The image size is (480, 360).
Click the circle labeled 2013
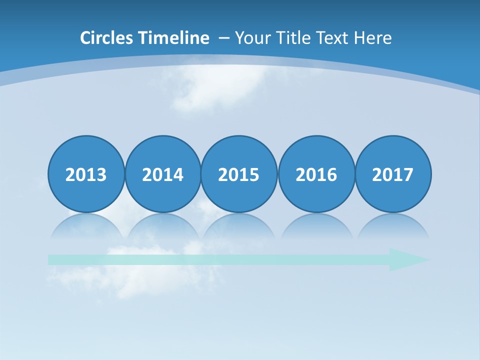pyautogui.click(x=86, y=174)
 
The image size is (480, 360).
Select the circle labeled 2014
pyautogui.click(x=162, y=174)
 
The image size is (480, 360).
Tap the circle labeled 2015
pyautogui.click(x=239, y=174)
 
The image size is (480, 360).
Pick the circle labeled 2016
pyautogui.click(x=316, y=174)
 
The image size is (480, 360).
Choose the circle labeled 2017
pyautogui.click(x=392, y=174)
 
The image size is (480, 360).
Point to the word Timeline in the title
pyautogui.click(x=174, y=38)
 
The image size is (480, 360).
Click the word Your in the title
pyautogui.click(x=250, y=38)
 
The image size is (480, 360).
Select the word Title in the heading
pyautogui.click(x=288, y=38)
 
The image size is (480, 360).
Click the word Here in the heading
pyautogui.click(x=372, y=38)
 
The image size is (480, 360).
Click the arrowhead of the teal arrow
pyautogui.click(x=407, y=259)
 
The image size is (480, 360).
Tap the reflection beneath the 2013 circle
pyautogui.click(x=86, y=226)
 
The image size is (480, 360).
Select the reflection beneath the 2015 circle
pyautogui.click(x=239, y=226)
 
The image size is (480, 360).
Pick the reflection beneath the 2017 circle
pyautogui.click(x=392, y=226)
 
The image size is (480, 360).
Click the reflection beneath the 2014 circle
pyautogui.click(x=162, y=226)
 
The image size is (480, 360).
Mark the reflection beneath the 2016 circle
pyautogui.click(x=316, y=226)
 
